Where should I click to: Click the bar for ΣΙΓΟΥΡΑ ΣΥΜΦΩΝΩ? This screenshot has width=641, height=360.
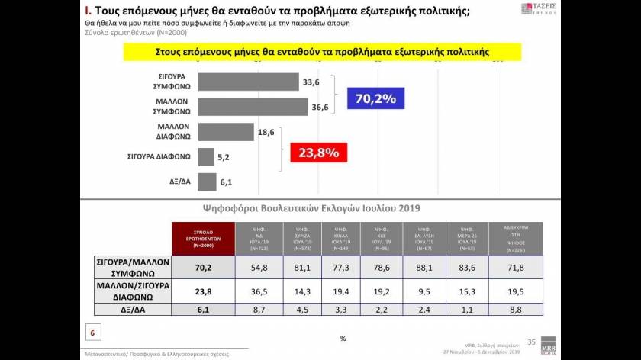tap(248, 82)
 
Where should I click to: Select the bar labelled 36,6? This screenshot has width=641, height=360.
tap(252, 108)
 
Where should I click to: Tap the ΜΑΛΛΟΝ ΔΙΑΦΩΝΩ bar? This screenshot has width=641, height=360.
tap(227, 132)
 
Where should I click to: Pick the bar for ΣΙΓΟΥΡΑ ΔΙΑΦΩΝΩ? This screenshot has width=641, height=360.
tap(206, 157)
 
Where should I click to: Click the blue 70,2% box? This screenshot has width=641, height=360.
tap(375, 98)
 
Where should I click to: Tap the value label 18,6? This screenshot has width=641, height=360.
tap(266, 132)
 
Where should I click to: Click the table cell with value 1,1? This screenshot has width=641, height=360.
tap(466, 309)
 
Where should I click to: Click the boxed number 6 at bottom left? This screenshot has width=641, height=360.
tap(92, 333)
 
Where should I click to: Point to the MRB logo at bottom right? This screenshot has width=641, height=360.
tap(549, 342)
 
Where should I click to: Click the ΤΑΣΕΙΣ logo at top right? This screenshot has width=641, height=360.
tap(540, 9)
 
